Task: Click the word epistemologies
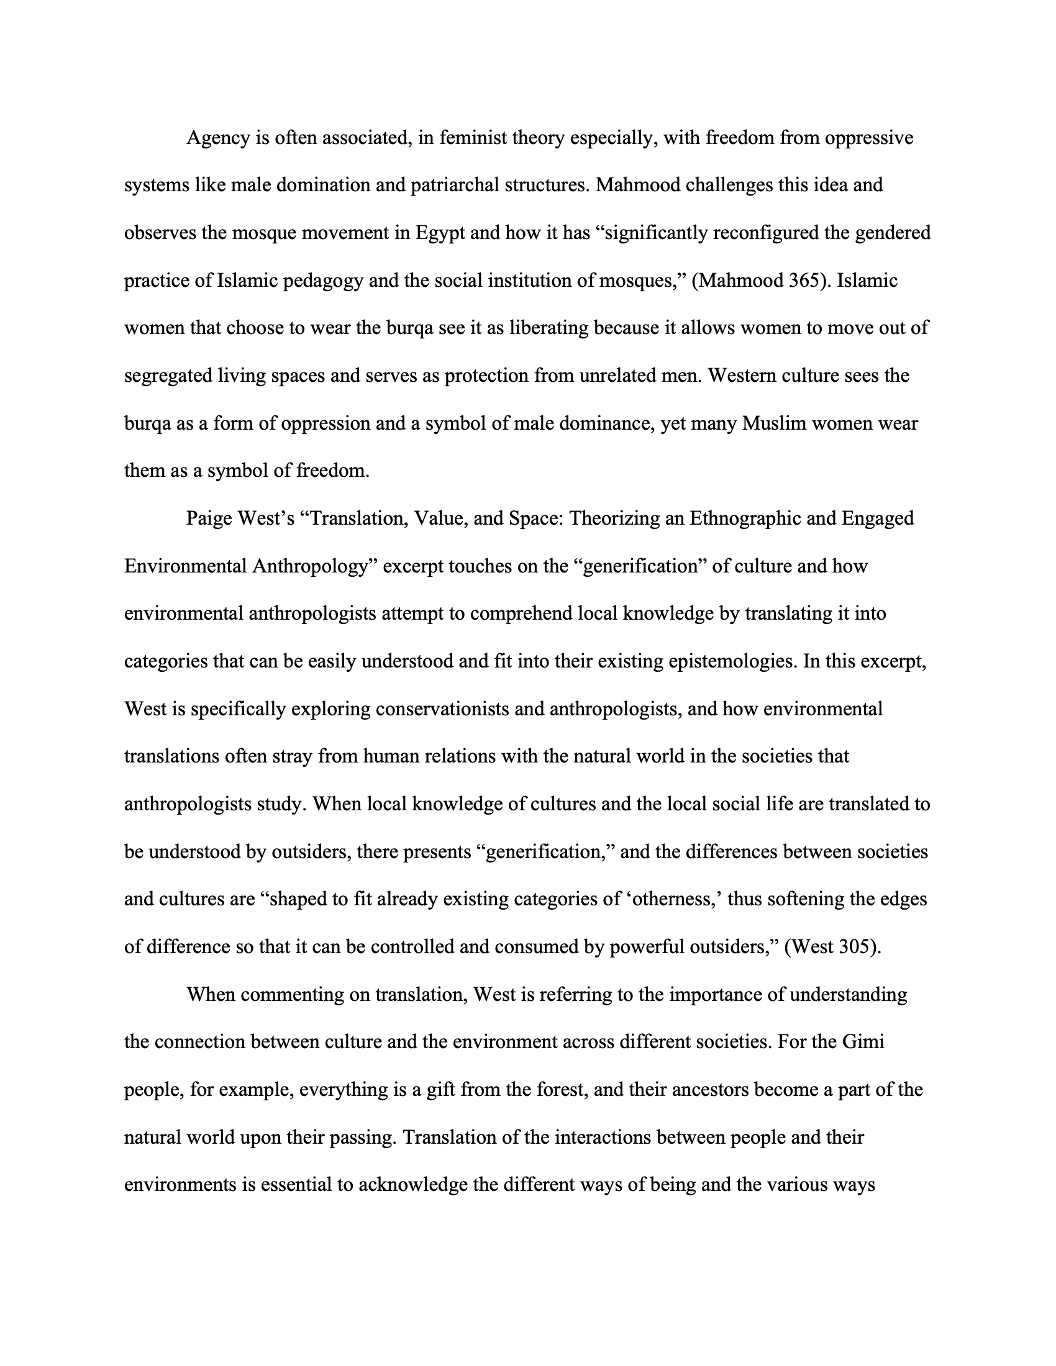pos(695,661)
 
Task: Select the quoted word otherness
pos(675,899)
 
